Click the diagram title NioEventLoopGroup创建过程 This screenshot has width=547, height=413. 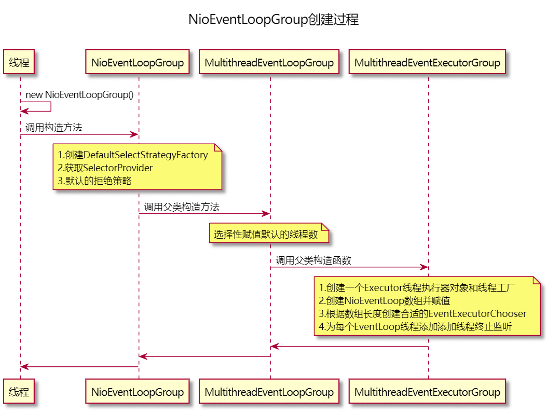(x=273, y=20)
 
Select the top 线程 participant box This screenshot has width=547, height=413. (x=20, y=63)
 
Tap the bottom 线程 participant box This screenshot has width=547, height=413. (x=20, y=392)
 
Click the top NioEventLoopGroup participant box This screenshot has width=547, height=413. (x=138, y=63)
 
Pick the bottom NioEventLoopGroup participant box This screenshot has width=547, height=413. (x=138, y=392)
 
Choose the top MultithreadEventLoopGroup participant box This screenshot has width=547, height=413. (x=269, y=63)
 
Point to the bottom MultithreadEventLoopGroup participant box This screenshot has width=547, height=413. (x=269, y=392)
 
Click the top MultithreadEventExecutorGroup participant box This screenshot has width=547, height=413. (x=427, y=63)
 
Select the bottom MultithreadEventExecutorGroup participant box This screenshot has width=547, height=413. (x=427, y=392)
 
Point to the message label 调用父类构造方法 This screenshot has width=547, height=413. (x=182, y=206)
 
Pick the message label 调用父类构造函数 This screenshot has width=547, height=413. (x=313, y=260)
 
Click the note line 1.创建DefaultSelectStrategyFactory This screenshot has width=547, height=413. (x=133, y=155)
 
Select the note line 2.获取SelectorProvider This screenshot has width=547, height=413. (x=105, y=168)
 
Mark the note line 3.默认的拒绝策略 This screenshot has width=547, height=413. (x=94, y=181)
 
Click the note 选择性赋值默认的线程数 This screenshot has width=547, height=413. (x=266, y=235)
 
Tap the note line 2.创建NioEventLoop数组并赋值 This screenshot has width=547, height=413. (x=384, y=301)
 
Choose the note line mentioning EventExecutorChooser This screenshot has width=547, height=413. (x=422, y=314)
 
